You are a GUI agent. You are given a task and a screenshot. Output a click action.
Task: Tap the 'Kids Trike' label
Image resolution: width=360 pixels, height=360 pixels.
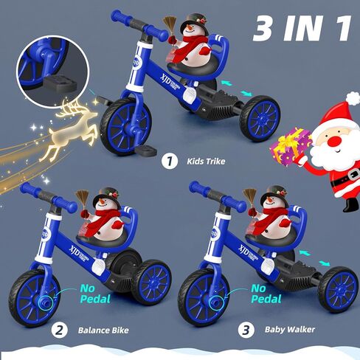[205, 159]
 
